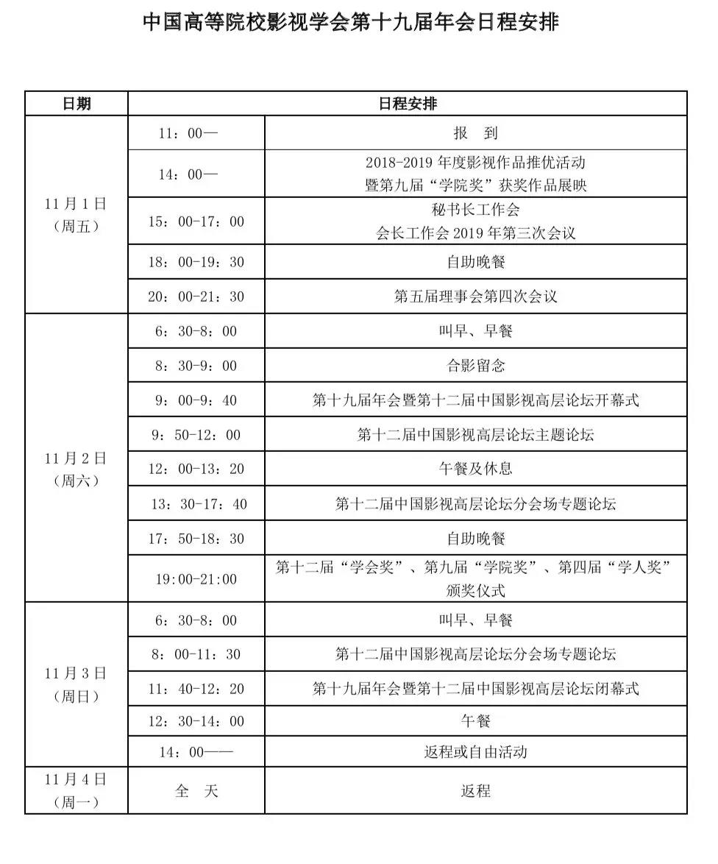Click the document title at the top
point(351,22)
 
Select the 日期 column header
point(77,104)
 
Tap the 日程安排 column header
point(408,104)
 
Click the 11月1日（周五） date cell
point(76,215)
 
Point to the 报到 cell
point(475,133)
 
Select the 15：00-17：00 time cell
point(196,222)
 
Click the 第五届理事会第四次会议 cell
point(475,297)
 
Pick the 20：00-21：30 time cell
point(196,297)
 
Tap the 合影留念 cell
point(475,366)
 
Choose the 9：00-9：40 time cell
point(196,400)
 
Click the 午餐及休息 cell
point(475,469)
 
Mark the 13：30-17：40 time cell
point(196,504)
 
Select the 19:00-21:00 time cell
point(196,579)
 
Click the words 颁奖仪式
point(475,590)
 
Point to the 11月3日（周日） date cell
point(76,684)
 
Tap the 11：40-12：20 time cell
point(196,688)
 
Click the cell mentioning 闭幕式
point(475,688)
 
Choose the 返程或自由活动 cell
point(475,751)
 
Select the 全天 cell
point(196,791)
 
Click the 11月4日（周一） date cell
point(76,790)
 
